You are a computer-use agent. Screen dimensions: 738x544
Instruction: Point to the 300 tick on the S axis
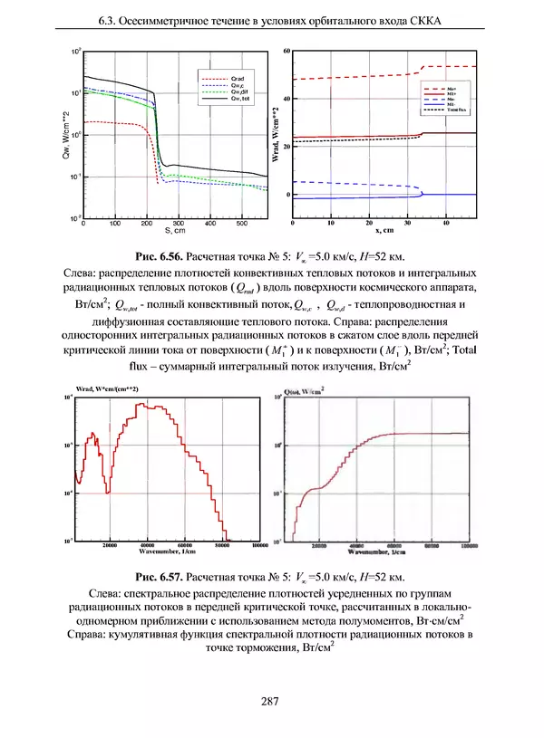(x=178, y=223)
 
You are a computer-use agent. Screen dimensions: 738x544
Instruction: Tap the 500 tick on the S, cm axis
(x=240, y=223)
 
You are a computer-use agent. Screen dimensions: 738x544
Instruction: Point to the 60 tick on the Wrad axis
(x=287, y=52)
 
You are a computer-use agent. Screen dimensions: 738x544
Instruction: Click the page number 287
(x=269, y=700)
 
